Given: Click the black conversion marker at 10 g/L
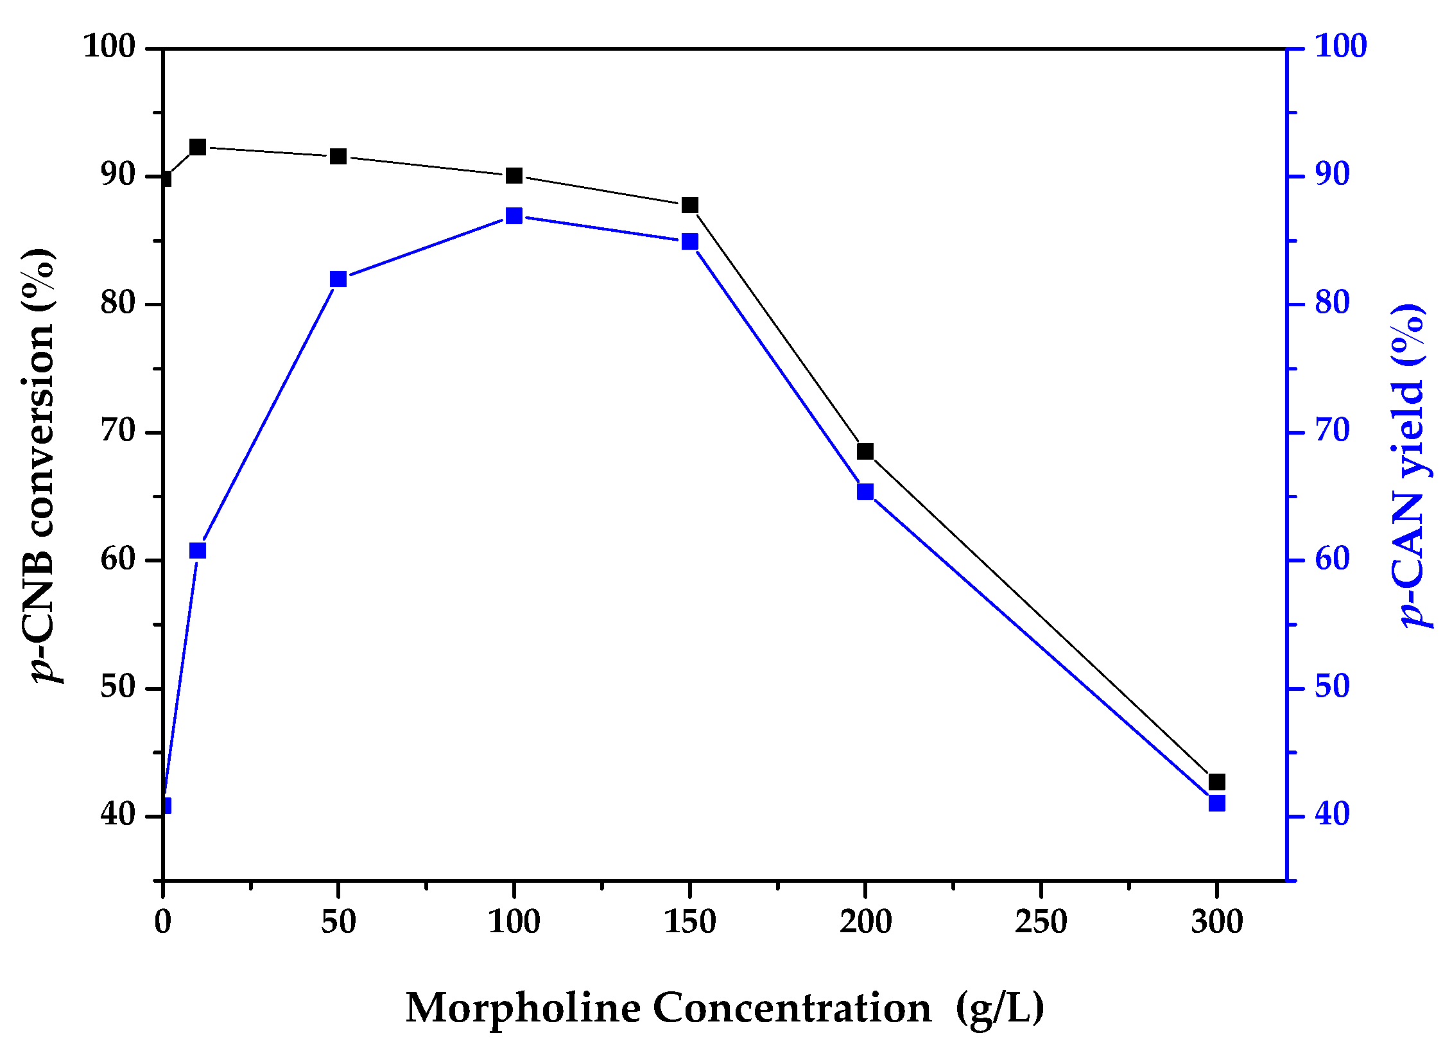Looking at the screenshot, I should (198, 147).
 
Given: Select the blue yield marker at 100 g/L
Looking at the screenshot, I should (514, 216).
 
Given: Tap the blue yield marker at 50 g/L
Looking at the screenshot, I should (338, 279).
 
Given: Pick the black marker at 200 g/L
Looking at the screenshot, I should (865, 451).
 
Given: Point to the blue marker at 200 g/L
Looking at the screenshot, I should (865, 492).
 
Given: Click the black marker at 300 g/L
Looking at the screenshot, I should (1216, 782).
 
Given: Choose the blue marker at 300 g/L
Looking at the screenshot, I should (1216, 803).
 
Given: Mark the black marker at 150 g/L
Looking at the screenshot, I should (690, 205).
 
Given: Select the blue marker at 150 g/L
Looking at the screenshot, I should (690, 242).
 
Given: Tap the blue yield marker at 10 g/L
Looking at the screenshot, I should (198, 550).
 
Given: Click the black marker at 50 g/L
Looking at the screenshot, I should (338, 157).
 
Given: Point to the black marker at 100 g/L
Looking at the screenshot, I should (514, 176).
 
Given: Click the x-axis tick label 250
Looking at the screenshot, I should (1041, 923).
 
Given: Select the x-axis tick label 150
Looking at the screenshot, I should (690, 923).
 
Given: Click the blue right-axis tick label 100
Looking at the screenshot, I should (1340, 46).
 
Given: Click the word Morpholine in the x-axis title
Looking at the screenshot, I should (523, 1009).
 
